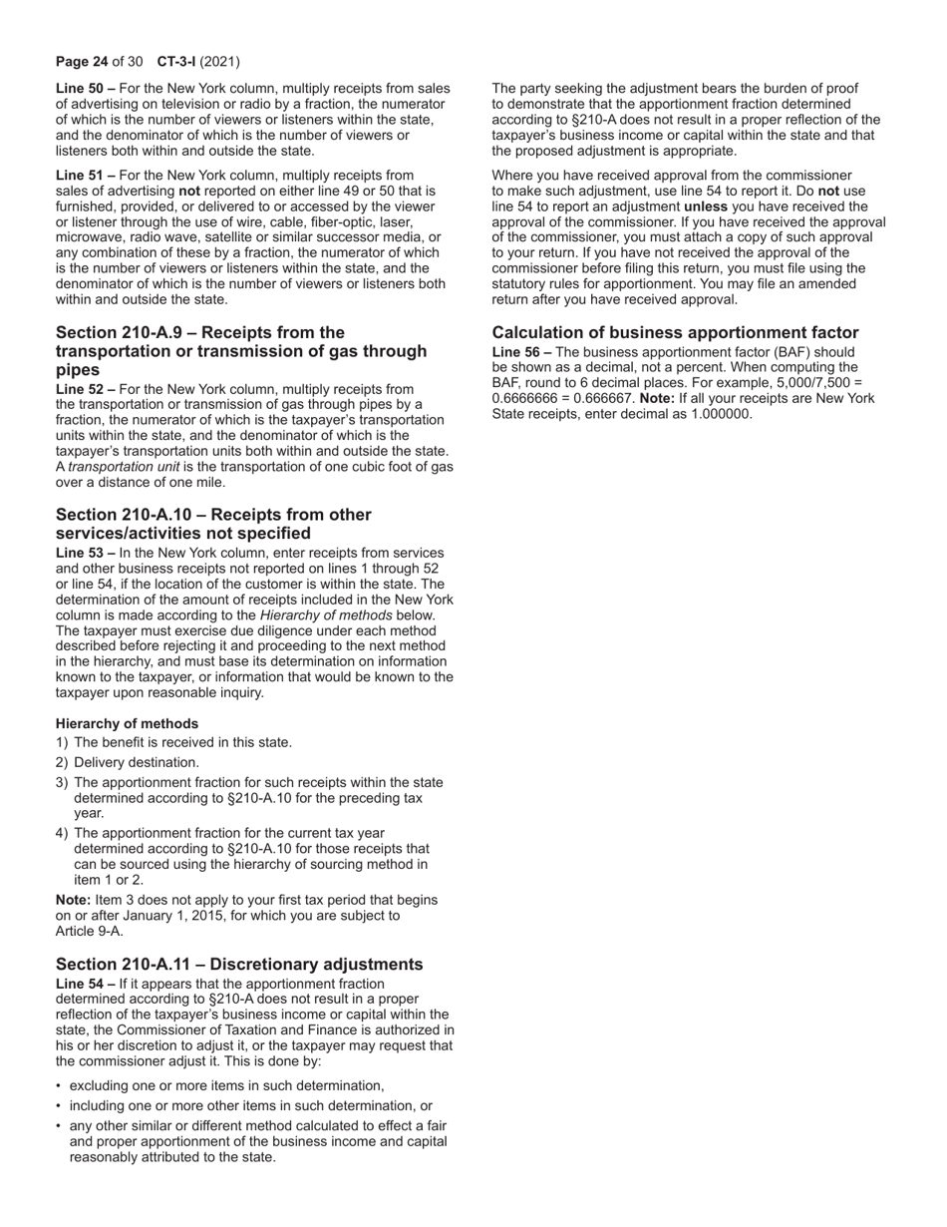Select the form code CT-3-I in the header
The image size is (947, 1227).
click(176, 61)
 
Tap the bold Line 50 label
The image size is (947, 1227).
click(81, 89)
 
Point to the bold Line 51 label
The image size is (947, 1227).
click(81, 175)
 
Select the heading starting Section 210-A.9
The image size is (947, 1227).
click(241, 351)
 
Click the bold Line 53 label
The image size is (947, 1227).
click(81, 553)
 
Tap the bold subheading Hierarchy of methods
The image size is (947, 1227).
click(127, 723)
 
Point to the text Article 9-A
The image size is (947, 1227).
click(90, 931)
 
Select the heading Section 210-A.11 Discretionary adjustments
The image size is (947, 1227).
click(239, 964)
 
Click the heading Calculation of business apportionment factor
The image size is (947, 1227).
click(675, 332)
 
